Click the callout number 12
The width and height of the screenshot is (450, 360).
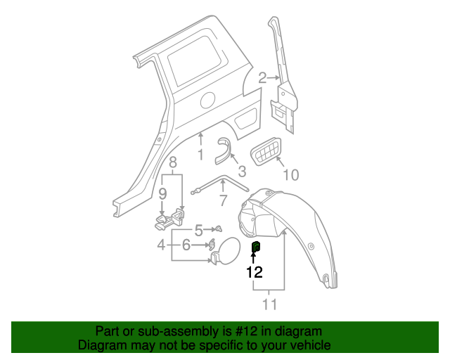point(254,272)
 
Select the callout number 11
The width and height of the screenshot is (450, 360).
point(269,304)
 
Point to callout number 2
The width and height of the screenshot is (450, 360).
point(262,78)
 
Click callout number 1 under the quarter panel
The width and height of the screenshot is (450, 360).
point(200,155)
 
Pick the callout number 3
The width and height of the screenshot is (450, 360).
point(241,171)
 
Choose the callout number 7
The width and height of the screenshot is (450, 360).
point(223,200)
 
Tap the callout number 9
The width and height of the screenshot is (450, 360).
point(162,193)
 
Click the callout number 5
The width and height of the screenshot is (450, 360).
point(198,229)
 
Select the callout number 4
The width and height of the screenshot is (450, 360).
point(161,245)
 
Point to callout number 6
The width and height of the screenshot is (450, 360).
point(186,245)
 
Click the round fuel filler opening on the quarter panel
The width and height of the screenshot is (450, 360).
point(208,100)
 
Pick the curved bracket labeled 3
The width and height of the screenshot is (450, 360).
point(225,150)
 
